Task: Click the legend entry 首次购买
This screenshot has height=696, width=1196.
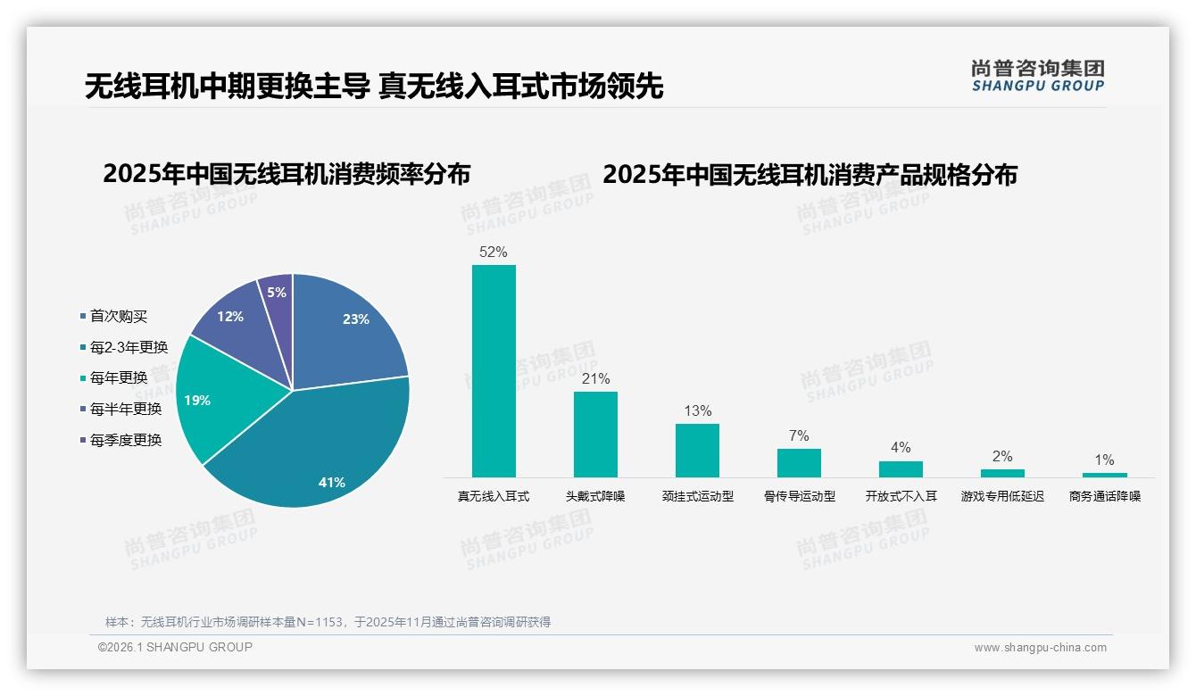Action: coord(118,316)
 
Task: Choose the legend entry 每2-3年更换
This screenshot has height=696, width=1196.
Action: coord(129,347)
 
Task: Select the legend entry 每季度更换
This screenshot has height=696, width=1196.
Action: coord(125,440)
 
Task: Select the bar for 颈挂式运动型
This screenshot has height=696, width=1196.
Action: coord(697,450)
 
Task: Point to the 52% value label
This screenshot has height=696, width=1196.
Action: coord(494,252)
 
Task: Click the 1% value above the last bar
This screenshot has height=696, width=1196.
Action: coord(1104,460)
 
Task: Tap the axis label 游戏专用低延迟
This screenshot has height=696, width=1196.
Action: coord(1002,496)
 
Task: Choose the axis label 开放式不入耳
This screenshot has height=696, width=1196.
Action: coord(901,496)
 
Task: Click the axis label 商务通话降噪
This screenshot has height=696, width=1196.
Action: coord(1105,496)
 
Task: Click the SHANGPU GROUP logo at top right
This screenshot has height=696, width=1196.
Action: coord(1038,76)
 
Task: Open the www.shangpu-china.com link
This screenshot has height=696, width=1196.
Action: coord(1040,648)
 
